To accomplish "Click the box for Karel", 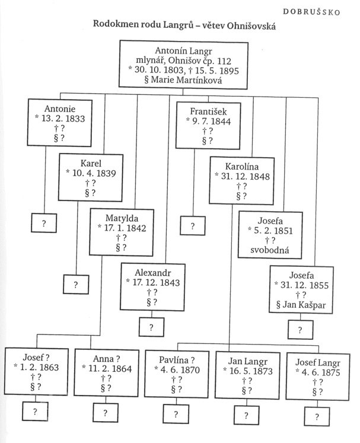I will [91, 176].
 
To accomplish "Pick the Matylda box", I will [121, 231].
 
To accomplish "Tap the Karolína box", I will [237, 176].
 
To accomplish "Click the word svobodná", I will [268, 250].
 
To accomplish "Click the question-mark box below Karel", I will [76, 285].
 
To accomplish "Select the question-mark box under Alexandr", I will [151, 327].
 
